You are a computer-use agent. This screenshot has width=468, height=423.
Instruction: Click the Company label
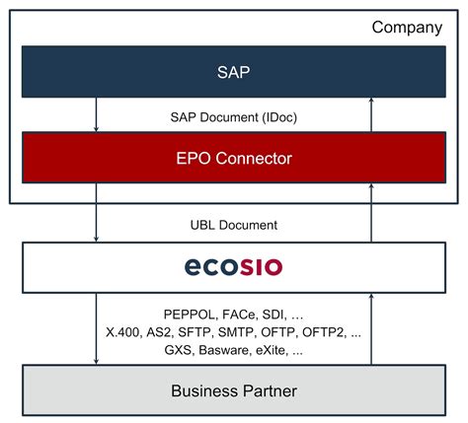tap(407, 28)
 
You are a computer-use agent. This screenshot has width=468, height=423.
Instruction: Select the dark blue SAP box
tap(234, 72)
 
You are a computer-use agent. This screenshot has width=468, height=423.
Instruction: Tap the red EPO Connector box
tap(234, 158)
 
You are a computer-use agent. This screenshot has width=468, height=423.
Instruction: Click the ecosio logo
tap(233, 266)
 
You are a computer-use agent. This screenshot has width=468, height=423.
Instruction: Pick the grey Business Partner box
tap(234, 390)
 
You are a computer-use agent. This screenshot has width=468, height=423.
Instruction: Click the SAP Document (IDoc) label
tap(234, 117)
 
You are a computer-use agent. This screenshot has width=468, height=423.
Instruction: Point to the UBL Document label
tap(234, 225)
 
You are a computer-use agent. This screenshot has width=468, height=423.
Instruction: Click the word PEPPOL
tap(190, 315)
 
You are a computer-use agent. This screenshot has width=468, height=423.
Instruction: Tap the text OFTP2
tap(324, 332)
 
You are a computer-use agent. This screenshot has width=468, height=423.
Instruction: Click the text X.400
tap(123, 332)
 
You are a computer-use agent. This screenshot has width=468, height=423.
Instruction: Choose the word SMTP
tap(236, 332)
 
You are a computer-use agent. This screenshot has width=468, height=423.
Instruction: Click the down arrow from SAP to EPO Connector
tap(96, 114)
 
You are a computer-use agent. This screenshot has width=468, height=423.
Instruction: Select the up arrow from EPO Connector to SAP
tap(371, 114)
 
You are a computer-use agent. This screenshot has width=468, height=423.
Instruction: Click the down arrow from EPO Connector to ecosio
tap(96, 213)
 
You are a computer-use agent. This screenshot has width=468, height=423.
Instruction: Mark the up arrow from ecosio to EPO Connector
tap(371, 213)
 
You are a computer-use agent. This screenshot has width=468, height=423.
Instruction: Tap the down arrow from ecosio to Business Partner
tap(96, 328)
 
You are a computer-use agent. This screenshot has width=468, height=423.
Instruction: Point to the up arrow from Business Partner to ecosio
tap(371, 328)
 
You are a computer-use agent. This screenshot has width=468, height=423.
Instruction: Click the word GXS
tap(178, 350)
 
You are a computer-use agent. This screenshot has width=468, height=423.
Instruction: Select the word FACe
tap(239, 315)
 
